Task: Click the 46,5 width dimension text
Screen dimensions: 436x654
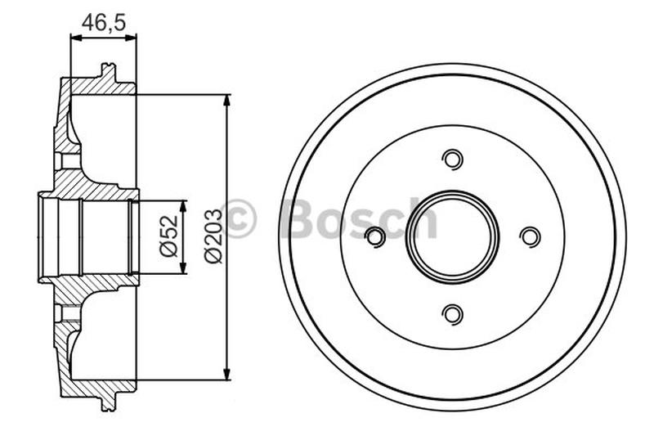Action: pyautogui.click(x=104, y=22)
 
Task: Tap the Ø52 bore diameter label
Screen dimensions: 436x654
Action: pyautogui.click(x=169, y=237)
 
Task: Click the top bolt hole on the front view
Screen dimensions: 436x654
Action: pyautogui.click(x=452, y=159)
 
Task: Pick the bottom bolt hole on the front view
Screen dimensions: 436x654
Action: pyautogui.click(x=452, y=313)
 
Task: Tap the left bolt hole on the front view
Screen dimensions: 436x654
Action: pyautogui.click(x=375, y=236)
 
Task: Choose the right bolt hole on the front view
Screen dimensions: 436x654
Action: pyautogui.click(x=530, y=236)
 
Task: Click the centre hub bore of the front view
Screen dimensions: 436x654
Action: pyautogui.click(x=452, y=236)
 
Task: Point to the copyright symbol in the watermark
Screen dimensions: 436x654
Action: pyautogui.click(x=239, y=218)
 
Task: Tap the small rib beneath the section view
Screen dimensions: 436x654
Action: pyautogui.click(x=105, y=403)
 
